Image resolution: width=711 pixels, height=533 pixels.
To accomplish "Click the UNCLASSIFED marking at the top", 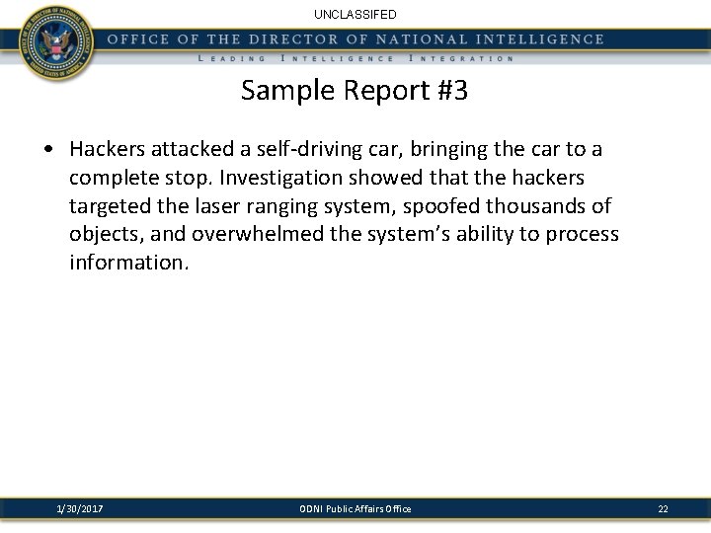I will click(355, 15).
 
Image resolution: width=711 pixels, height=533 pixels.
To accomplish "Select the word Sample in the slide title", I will click(282, 92).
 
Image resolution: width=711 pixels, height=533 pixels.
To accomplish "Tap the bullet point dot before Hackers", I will click(48, 150).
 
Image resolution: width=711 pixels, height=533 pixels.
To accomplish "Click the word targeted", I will click(109, 205).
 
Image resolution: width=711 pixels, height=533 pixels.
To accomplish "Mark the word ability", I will click(461, 234).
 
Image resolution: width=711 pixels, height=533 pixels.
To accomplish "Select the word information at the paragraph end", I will click(127, 263).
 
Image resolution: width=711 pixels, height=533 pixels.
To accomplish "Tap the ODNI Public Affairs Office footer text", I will click(355, 508).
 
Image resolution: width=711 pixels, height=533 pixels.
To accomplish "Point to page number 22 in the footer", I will click(663, 508).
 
